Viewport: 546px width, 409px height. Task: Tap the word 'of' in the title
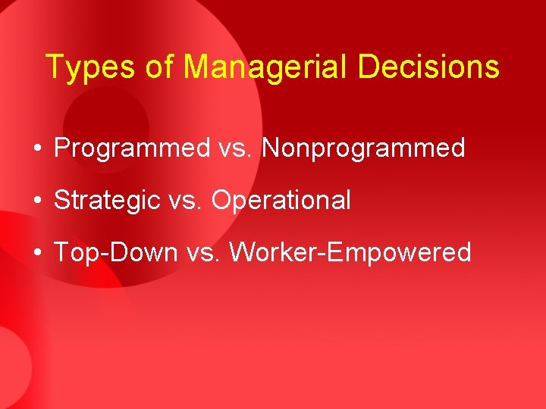(160, 67)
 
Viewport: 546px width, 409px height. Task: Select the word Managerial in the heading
(267, 67)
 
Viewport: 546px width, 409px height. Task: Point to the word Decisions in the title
(428, 67)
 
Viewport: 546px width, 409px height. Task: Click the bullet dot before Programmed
(37, 149)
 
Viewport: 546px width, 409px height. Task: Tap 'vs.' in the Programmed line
(235, 148)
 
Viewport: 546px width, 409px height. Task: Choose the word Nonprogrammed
(363, 148)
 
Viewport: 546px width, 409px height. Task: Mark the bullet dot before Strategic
(37, 201)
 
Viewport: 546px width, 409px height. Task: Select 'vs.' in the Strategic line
(185, 201)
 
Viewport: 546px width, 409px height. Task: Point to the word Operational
(281, 201)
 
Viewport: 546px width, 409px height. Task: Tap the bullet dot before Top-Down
(37, 253)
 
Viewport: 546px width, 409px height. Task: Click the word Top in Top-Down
(75, 252)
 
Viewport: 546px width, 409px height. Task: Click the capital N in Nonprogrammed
(271, 148)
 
